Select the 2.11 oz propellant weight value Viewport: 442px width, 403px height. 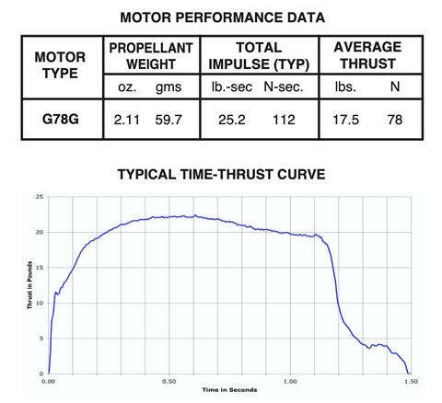126,121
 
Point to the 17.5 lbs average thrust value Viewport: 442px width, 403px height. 346,121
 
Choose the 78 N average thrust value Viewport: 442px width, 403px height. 398,121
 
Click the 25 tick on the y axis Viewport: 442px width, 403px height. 38,197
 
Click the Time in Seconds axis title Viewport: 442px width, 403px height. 231,390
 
